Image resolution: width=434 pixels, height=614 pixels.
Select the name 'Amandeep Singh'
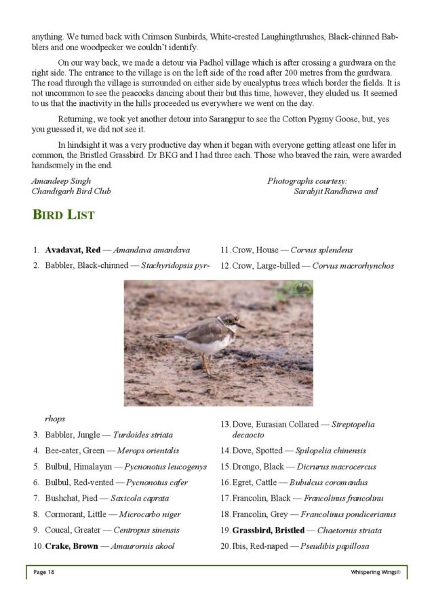tap(61, 180)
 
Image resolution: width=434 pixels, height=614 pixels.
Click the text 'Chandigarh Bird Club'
tap(71, 191)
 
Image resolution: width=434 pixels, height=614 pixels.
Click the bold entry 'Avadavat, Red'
tap(73, 250)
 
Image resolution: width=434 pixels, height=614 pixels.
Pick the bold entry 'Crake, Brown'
tap(71, 545)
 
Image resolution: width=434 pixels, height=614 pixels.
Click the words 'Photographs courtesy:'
tap(307, 180)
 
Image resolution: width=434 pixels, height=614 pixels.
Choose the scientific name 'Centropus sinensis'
tap(141, 530)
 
